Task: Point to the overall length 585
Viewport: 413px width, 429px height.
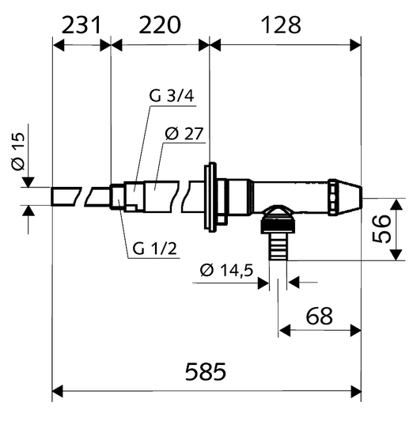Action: [204, 370]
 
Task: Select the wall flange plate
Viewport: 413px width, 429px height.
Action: [211, 198]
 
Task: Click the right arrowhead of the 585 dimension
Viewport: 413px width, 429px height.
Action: [357, 389]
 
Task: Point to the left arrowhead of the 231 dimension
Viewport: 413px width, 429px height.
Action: [57, 45]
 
